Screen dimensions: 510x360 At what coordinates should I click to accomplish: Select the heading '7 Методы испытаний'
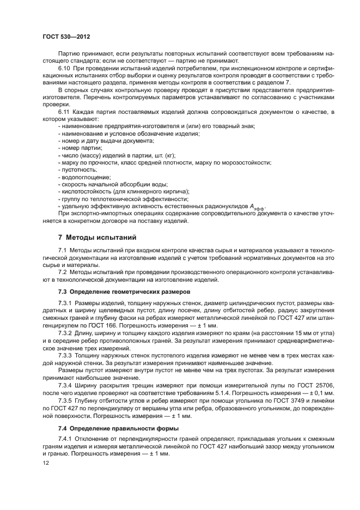94,237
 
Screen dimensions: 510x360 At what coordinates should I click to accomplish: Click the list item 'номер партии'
81,148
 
